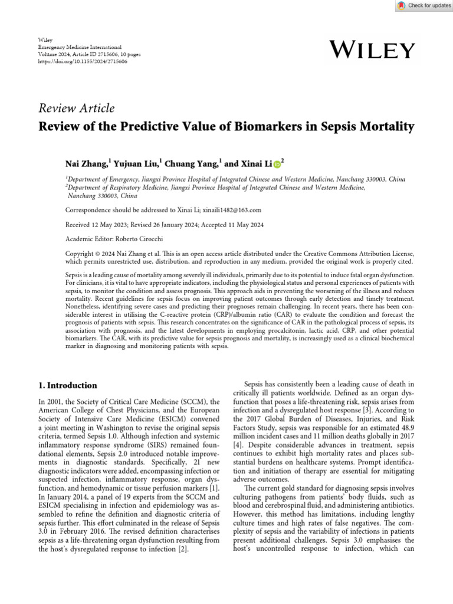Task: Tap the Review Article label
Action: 76,108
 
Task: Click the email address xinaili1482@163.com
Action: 232,209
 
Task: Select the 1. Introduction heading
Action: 67,385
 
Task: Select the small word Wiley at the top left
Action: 45,40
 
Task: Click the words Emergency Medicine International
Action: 80,47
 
